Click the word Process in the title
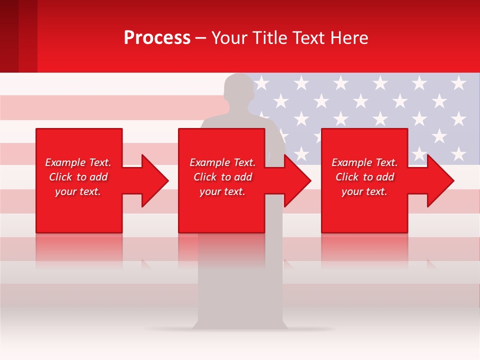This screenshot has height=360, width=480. coord(157,38)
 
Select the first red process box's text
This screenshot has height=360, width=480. coord(78,177)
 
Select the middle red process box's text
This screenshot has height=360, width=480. coord(222,177)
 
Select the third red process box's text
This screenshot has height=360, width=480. coord(364,177)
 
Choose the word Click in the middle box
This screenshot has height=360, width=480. coord(205,177)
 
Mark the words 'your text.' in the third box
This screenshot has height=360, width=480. coord(364,191)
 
